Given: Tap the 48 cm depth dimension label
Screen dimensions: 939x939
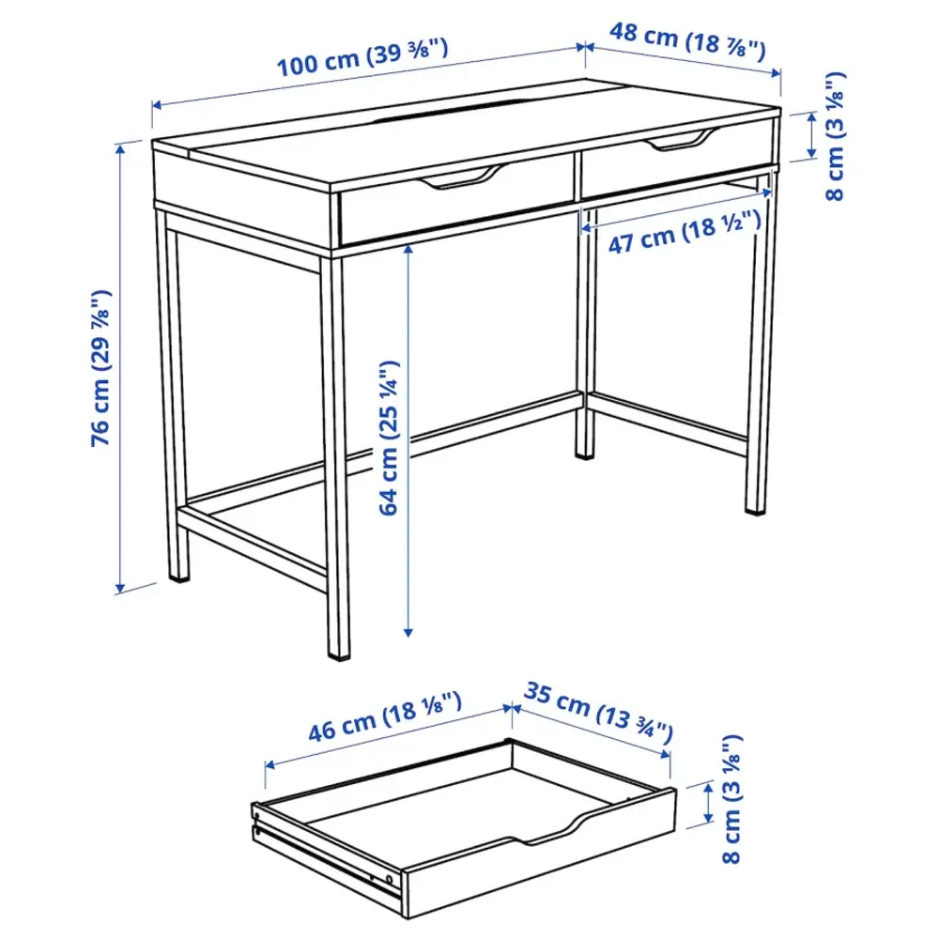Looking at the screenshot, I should (688, 40).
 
